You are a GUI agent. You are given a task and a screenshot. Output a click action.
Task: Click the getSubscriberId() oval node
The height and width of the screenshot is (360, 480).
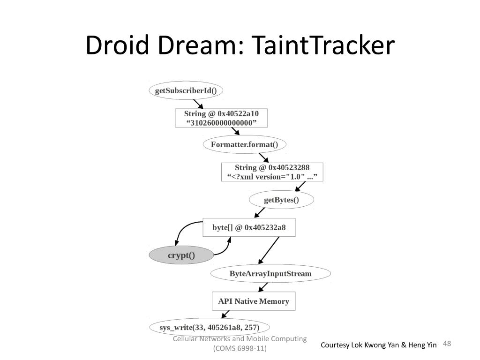point(186,90)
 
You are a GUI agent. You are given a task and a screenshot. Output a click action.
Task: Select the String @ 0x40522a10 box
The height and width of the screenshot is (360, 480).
point(221,118)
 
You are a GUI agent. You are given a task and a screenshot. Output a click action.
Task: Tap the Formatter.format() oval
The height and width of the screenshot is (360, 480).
point(245,144)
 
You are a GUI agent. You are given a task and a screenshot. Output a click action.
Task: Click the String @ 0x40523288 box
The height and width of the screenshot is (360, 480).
point(272,172)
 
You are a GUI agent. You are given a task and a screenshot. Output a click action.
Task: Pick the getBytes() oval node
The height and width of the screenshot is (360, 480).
point(281,200)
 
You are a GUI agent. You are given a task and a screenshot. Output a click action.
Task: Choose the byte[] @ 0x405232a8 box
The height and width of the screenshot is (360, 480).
point(249,227)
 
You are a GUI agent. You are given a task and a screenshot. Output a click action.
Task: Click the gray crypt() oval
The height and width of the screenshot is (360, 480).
point(181,255)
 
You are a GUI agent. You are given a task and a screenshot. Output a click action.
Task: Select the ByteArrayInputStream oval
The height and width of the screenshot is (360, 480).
point(270,273)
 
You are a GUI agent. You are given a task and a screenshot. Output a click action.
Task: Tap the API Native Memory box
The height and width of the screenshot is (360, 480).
point(254,301)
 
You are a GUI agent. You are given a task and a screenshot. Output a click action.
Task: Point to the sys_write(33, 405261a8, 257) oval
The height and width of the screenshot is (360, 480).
point(210,327)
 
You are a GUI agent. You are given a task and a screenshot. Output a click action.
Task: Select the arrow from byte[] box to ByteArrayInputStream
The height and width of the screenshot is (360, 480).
point(269,250)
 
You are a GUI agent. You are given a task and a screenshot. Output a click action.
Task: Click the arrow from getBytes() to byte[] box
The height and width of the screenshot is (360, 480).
point(260,213)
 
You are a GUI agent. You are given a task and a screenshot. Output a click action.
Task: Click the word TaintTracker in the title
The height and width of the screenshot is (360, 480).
point(323,45)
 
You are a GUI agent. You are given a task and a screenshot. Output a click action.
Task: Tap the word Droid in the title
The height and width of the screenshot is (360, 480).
point(117,45)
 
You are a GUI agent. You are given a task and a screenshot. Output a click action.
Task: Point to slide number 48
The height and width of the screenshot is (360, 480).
point(447,344)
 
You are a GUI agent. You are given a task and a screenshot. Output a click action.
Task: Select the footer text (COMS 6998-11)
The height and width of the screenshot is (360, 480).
point(240,348)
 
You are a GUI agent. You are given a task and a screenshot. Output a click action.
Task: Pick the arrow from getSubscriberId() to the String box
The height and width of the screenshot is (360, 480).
point(198,104)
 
